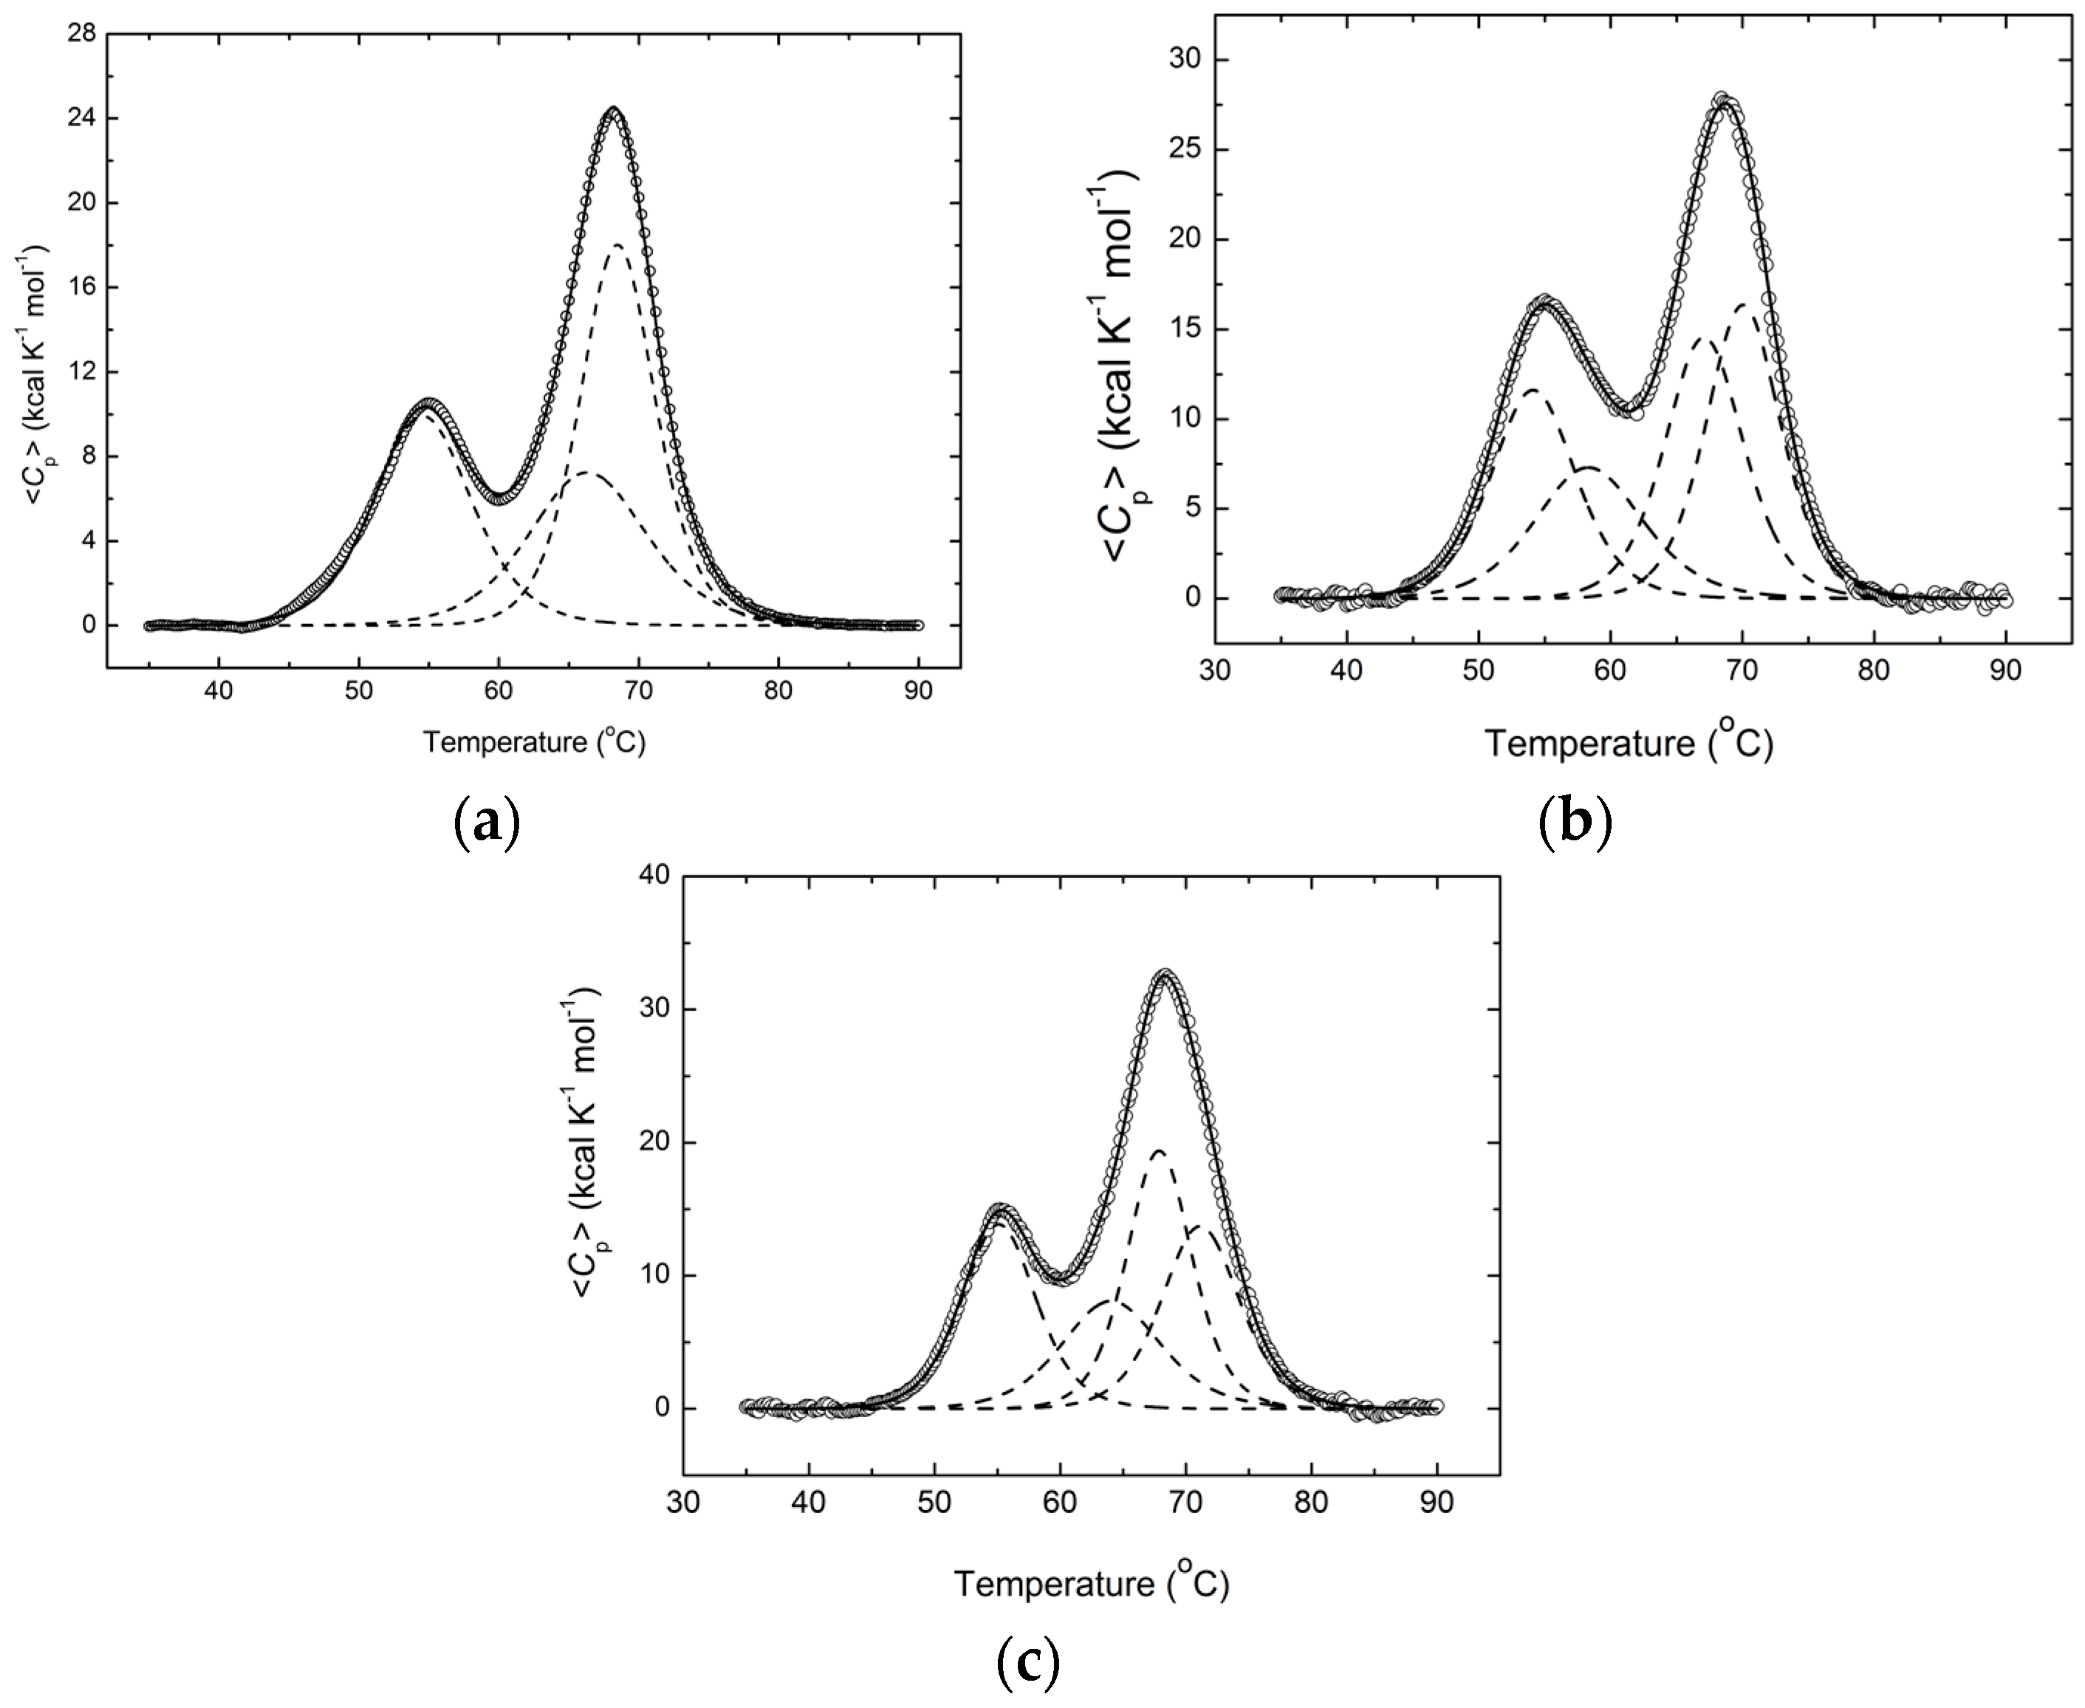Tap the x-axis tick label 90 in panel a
point(918,690)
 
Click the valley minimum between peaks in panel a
point(501,496)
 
